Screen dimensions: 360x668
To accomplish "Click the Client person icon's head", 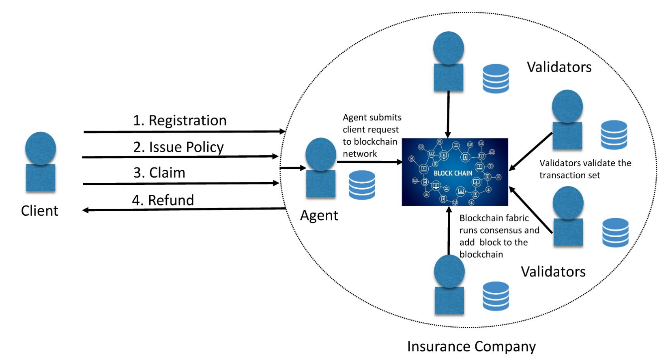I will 40,148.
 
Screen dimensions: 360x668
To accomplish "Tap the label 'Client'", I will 39,211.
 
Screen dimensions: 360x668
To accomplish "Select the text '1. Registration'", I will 180,120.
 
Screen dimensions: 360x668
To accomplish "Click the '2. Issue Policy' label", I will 178,147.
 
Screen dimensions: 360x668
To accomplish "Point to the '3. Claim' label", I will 159,173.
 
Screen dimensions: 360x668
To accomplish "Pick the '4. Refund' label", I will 163,200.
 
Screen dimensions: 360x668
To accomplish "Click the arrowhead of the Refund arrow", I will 86,210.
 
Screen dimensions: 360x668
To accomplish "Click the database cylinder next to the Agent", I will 362,185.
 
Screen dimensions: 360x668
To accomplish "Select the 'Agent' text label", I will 319,215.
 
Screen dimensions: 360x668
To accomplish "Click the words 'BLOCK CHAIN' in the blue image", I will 453,173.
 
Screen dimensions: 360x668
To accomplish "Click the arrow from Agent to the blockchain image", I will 369,162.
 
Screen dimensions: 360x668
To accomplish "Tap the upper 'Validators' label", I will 559,67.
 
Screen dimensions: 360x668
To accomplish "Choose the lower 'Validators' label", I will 553,271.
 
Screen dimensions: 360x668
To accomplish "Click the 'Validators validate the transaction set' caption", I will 585,169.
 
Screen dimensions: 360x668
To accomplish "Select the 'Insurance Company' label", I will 471,347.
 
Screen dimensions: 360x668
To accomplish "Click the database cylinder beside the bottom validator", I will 496,296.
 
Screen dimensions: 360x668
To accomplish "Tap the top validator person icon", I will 448,61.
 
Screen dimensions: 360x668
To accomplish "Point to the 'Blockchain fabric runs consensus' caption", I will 499,236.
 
